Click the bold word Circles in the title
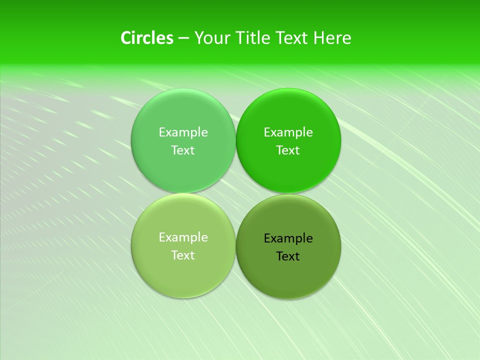(147, 38)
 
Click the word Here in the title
(332, 38)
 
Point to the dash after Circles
(183, 38)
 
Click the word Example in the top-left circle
(183, 132)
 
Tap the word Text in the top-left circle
(183, 150)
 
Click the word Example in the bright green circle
(288, 132)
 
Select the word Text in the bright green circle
(288, 150)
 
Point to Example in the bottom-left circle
(183, 237)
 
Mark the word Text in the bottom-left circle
(183, 255)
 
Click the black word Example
(288, 238)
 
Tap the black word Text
(288, 256)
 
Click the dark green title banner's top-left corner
(2, 2)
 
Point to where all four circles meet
(235, 193)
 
